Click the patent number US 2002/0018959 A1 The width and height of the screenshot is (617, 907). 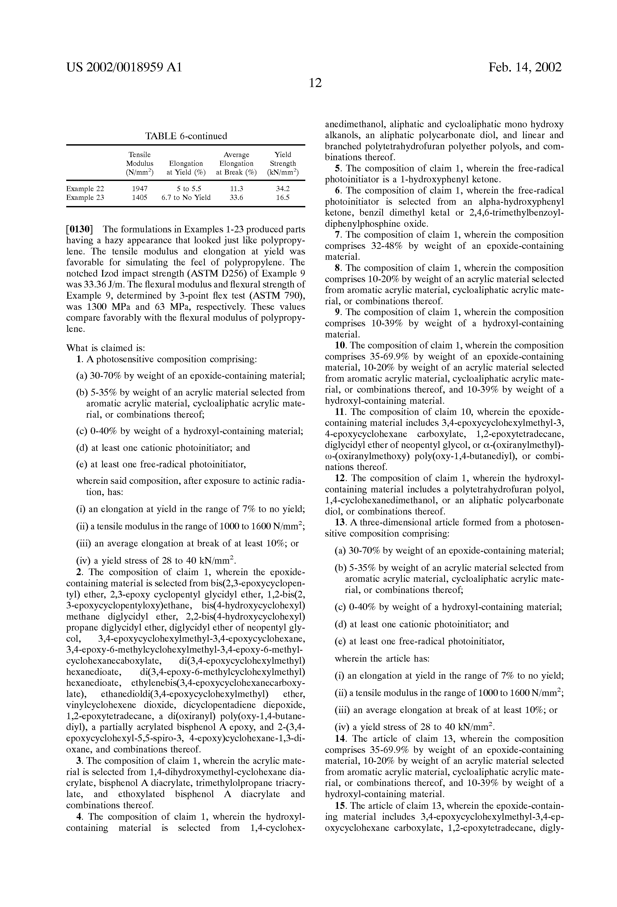(x=124, y=68)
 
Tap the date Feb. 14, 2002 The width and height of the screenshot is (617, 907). (x=525, y=68)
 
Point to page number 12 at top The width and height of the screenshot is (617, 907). (x=315, y=83)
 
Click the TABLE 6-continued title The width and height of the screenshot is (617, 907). (x=186, y=136)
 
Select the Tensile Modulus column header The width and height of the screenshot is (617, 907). (x=140, y=163)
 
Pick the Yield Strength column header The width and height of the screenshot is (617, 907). (x=283, y=163)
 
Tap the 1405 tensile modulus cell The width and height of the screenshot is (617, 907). (x=140, y=197)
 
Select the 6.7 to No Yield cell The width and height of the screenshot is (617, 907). (x=186, y=197)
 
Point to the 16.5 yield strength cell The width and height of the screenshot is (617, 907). (x=283, y=197)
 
